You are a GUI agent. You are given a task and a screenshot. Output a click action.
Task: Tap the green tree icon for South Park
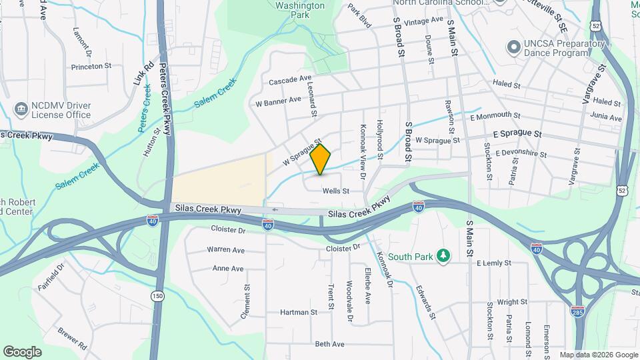[443, 256]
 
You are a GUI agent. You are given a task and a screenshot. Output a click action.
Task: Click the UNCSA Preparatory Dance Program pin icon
[513, 47]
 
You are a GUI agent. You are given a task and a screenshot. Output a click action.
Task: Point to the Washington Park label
[300, 9]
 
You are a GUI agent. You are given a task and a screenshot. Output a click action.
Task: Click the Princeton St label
[91, 66]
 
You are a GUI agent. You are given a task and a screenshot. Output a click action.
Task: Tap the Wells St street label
[336, 191]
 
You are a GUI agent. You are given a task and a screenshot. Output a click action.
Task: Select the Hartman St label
[298, 312]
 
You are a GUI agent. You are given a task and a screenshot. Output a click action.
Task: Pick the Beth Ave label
[329, 344]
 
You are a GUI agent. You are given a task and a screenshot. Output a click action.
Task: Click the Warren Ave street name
[225, 250]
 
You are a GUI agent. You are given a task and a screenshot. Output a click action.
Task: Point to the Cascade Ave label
[290, 81]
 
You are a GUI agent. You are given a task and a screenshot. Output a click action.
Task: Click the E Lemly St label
[494, 263]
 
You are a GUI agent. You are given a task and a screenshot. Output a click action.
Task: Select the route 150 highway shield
[157, 295]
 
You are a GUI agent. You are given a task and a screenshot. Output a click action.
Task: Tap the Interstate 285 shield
[578, 311]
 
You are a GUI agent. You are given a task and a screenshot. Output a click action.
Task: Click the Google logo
[23, 351]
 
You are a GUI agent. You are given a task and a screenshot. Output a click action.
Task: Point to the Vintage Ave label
[423, 21]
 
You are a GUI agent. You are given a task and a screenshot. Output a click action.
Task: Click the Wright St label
[512, 301]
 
